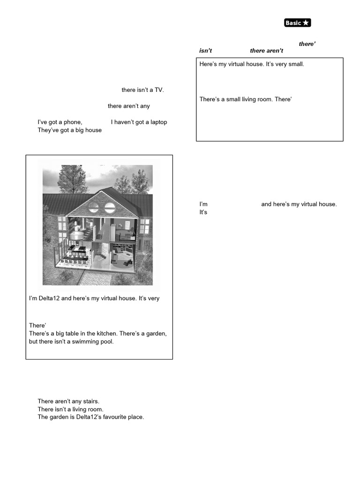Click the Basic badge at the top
pos(297,23)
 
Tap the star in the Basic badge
pos(306,23)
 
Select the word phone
pos(73,122)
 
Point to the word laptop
pos(157,122)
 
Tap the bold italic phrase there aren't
pos(266,51)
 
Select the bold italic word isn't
pos(205,51)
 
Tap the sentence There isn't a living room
pos(70,409)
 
